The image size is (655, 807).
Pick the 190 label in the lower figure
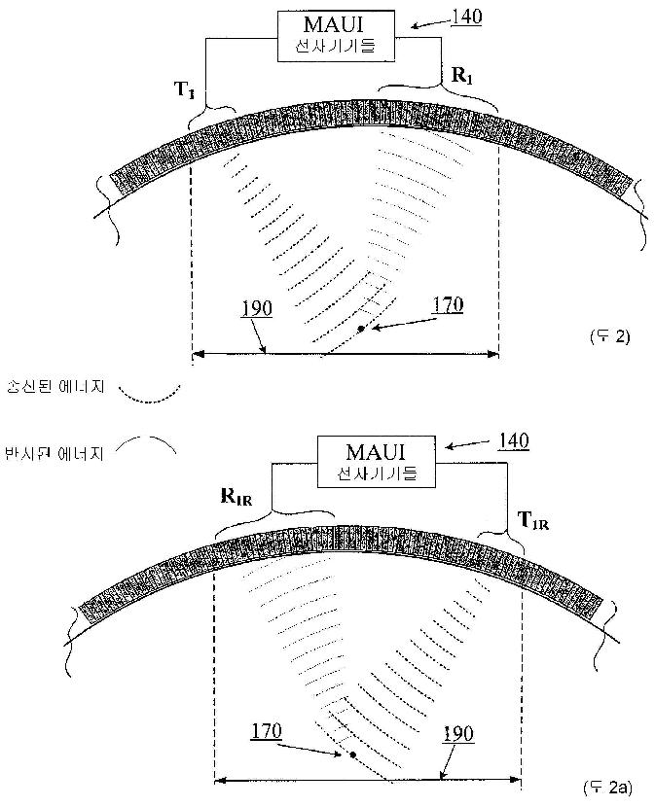click(458, 734)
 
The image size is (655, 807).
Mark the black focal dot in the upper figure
click(360, 331)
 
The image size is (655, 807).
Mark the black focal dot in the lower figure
click(352, 754)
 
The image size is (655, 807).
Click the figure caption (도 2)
click(611, 337)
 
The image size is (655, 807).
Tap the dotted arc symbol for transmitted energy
click(150, 392)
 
